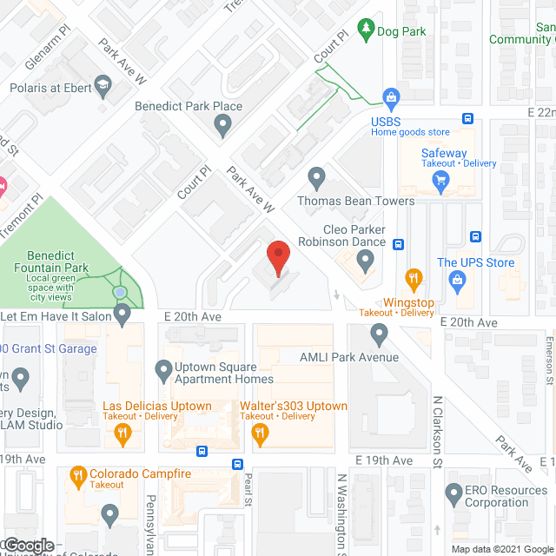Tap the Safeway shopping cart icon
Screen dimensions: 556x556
click(440, 181)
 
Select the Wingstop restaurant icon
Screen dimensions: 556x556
click(414, 279)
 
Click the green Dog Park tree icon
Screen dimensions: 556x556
click(367, 30)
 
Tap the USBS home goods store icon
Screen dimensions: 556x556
click(391, 96)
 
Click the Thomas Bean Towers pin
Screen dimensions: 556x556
click(317, 179)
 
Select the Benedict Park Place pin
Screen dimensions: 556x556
click(223, 126)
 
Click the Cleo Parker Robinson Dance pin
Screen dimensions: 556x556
click(366, 259)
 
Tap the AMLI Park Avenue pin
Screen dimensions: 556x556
click(379, 333)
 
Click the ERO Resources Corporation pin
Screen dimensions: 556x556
click(452, 495)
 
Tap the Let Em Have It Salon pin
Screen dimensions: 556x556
click(122, 313)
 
